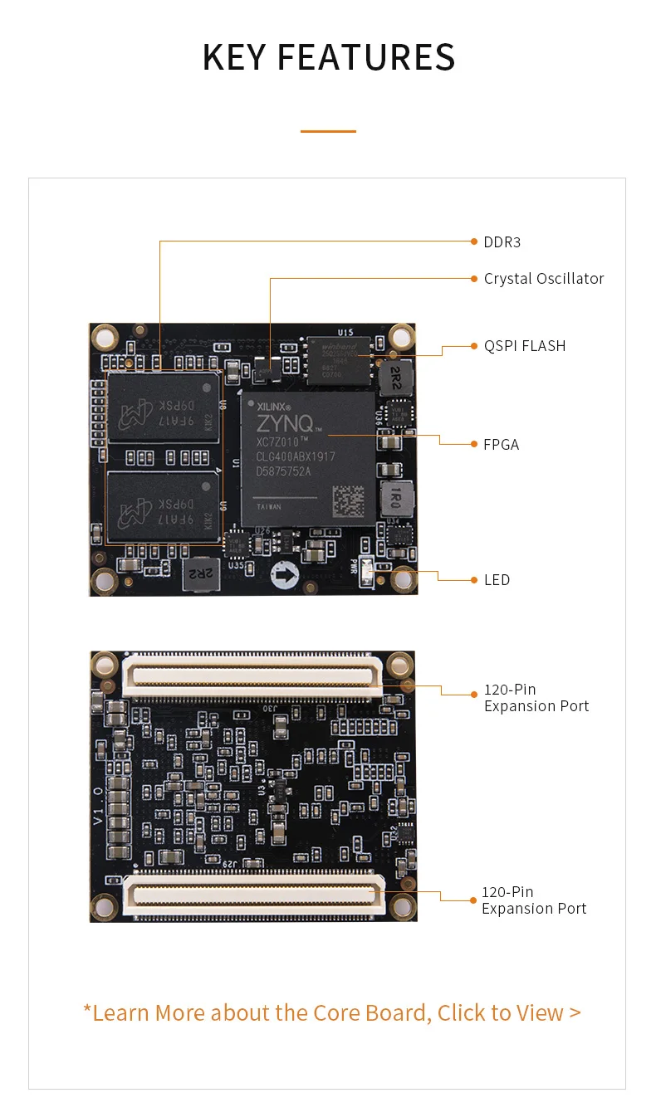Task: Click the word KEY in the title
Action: click(x=234, y=57)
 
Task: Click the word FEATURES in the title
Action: click(x=365, y=57)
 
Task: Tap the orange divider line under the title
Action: click(x=328, y=131)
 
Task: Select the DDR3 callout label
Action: click(x=502, y=242)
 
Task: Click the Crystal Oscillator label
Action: click(x=544, y=279)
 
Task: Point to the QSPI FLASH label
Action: click(x=525, y=346)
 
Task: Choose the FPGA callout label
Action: click(x=502, y=445)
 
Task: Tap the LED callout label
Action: click(x=497, y=580)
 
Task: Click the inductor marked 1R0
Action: click(x=395, y=498)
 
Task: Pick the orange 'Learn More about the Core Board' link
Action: click(x=332, y=1013)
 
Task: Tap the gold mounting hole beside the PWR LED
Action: click(x=403, y=578)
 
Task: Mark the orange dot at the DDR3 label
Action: click(x=474, y=241)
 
